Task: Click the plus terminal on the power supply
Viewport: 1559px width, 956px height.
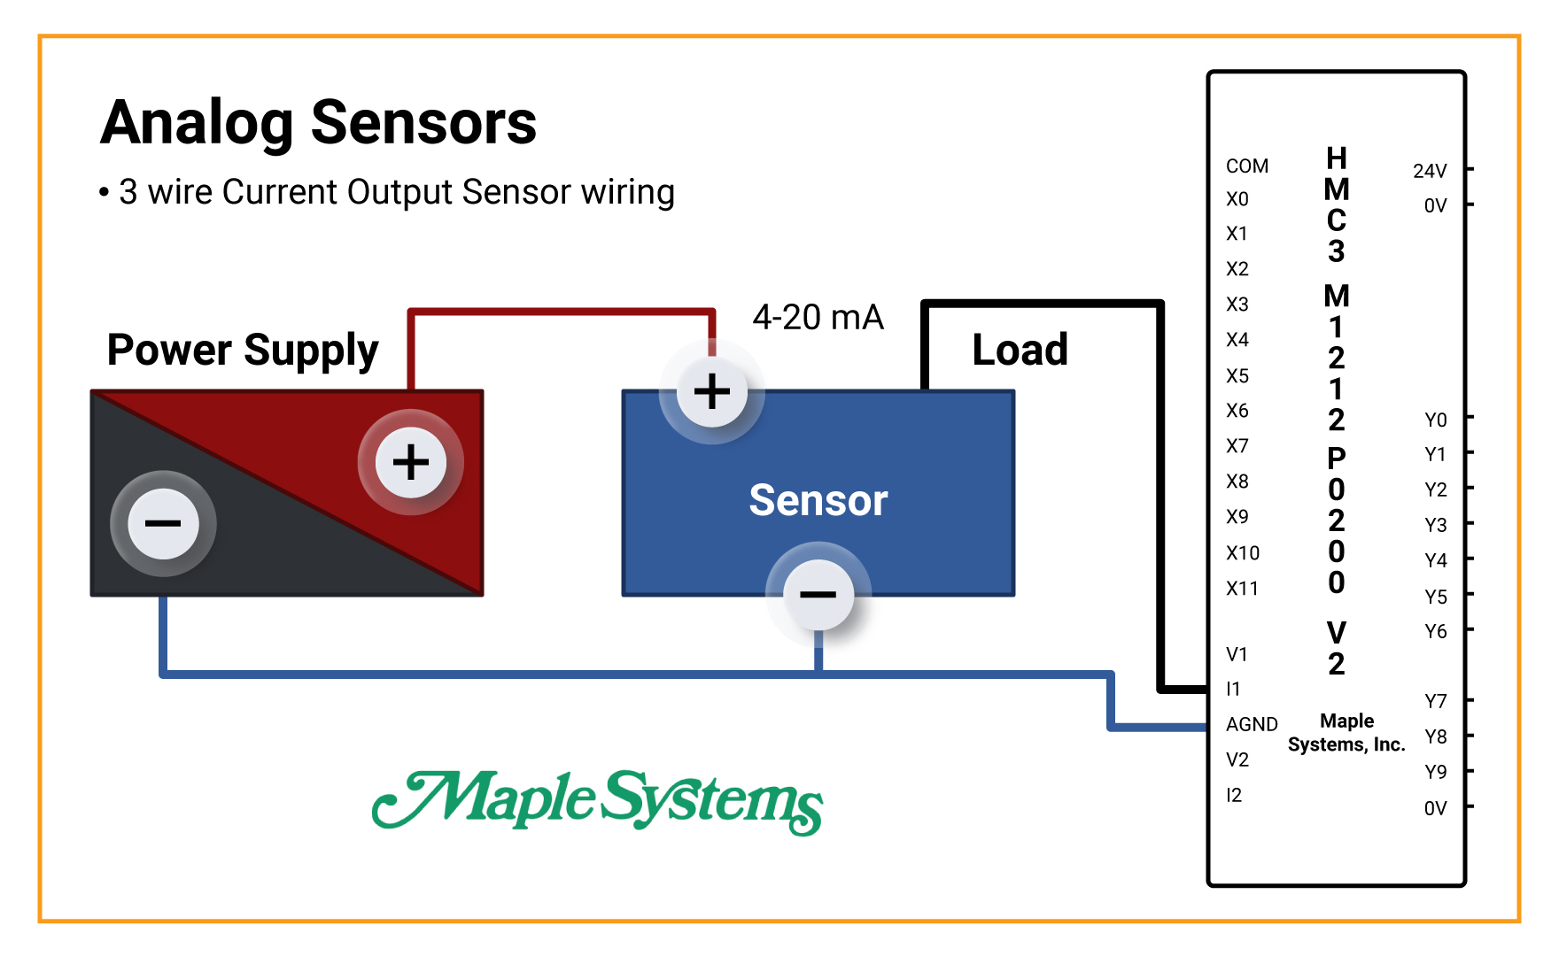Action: (x=410, y=462)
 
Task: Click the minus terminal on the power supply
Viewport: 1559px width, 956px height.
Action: (x=163, y=523)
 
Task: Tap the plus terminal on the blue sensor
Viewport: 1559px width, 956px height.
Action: (x=711, y=391)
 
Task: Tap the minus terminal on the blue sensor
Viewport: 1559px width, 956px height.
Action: (x=818, y=594)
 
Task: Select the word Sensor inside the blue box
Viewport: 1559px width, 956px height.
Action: (x=818, y=500)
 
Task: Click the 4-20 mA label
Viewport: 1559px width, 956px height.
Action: (x=818, y=317)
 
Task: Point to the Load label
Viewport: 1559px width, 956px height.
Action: (x=1020, y=350)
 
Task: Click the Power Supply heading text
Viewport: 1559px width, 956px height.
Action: (x=243, y=351)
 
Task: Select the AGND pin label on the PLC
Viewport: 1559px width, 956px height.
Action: (x=1251, y=724)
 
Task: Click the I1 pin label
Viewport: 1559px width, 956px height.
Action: (x=1233, y=689)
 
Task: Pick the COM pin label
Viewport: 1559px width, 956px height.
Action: (x=1246, y=166)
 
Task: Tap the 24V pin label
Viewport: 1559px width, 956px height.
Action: (x=1429, y=171)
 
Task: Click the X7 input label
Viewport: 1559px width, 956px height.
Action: (x=1237, y=446)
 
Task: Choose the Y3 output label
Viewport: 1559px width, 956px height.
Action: (x=1435, y=525)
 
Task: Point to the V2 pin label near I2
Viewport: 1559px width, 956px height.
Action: (x=1237, y=759)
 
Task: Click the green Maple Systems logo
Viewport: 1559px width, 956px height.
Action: (x=598, y=801)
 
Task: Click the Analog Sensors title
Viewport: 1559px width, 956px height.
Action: (x=318, y=123)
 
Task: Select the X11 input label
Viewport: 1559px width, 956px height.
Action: (x=1242, y=589)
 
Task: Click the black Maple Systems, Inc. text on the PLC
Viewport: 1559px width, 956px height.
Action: (x=1346, y=733)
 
